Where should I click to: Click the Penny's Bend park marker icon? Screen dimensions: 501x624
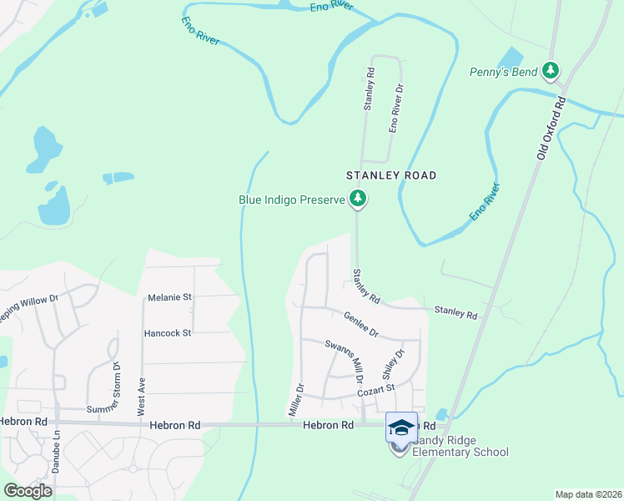pos(550,71)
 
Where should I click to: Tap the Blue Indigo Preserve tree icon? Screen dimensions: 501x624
pos(358,199)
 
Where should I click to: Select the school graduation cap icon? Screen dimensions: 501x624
pos(401,428)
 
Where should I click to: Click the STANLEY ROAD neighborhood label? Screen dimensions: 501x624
pos(392,175)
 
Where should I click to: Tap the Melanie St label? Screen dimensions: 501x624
pos(170,297)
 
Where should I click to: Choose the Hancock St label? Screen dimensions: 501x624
pos(168,333)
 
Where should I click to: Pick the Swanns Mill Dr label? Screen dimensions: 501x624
pos(345,357)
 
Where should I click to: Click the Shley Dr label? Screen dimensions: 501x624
pos(393,365)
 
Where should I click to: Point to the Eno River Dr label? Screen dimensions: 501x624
pos(396,109)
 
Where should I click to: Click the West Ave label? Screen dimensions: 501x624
pos(141,397)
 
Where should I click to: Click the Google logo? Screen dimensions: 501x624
pos(28,491)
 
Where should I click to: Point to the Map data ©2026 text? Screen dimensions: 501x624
pos(587,494)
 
